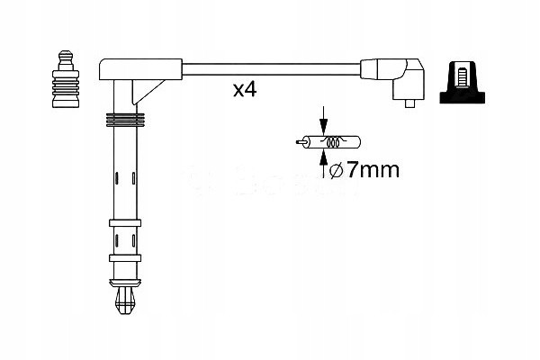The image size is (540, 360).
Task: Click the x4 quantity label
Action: point(245,90)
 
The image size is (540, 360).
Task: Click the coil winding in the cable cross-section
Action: point(332,141)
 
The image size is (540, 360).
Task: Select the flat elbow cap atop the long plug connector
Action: point(139,67)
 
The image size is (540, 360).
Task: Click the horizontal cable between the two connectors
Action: point(270,67)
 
